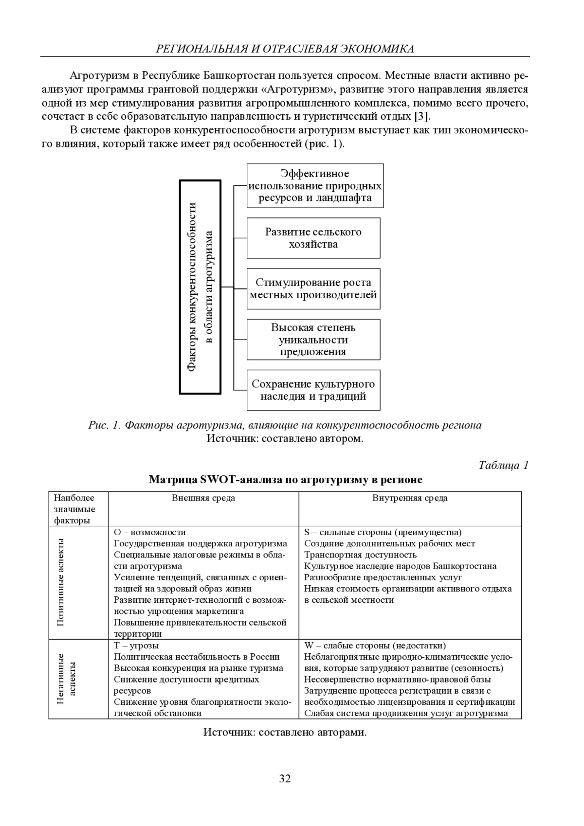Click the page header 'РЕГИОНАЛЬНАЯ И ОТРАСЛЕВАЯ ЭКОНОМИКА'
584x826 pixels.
point(285,49)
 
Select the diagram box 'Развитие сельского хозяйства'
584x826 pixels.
point(313,238)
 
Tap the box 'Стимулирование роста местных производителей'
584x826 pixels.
point(313,288)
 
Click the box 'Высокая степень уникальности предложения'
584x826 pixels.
point(313,340)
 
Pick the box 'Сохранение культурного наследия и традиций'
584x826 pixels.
point(313,390)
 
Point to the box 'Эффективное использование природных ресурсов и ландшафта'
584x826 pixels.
point(315,186)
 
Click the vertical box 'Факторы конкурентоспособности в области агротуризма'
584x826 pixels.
point(201,287)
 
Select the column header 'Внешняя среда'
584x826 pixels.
point(203,498)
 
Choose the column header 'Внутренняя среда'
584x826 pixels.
point(410,498)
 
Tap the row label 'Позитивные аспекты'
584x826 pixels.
point(61,582)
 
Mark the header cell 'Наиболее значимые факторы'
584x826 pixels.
point(74,509)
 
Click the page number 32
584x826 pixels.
point(285,778)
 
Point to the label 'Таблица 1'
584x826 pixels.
point(503,466)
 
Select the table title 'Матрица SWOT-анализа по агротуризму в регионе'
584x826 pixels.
point(285,480)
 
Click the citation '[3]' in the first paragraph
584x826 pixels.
point(421,117)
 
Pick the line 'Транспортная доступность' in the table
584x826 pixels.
point(360,555)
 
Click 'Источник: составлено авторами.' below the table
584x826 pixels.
point(285,732)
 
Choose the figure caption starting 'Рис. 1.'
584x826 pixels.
point(285,425)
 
